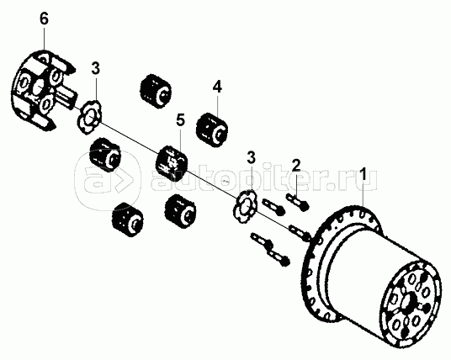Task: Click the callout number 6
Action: [x=44, y=19]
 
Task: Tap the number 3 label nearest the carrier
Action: [x=96, y=68]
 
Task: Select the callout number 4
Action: [x=217, y=87]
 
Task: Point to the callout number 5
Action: [x=181, y=120]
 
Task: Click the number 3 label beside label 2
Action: [x=251, y=157]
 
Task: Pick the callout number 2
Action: [x=296, y=166]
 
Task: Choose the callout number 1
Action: [x=363, y=174]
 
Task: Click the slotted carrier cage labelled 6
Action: [x=43, y=91]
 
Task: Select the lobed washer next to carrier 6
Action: [x=90, y=116]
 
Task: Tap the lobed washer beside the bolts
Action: [x=245, y=206]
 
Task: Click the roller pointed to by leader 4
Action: [x=212, y=130]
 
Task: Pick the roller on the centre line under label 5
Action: [x=172, y=162]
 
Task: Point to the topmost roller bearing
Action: [x=156, y=91]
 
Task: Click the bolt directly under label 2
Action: [x=297, y=201]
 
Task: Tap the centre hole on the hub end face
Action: [x=408, y=302]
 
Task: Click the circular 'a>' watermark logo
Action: [x=108, y=180]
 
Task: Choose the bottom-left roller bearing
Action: [x=127, y=220]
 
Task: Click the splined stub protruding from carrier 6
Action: [x=67, y=98]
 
